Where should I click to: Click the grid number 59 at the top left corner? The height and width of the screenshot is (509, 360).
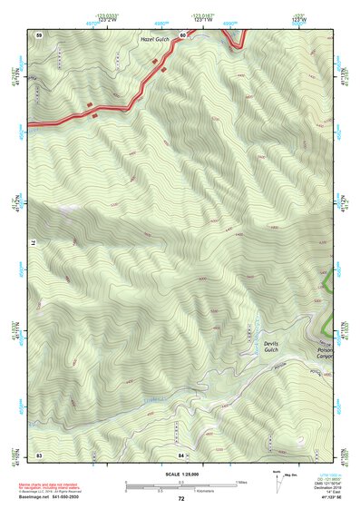coord(39,34)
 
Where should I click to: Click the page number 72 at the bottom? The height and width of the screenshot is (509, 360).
coord(181,498)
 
